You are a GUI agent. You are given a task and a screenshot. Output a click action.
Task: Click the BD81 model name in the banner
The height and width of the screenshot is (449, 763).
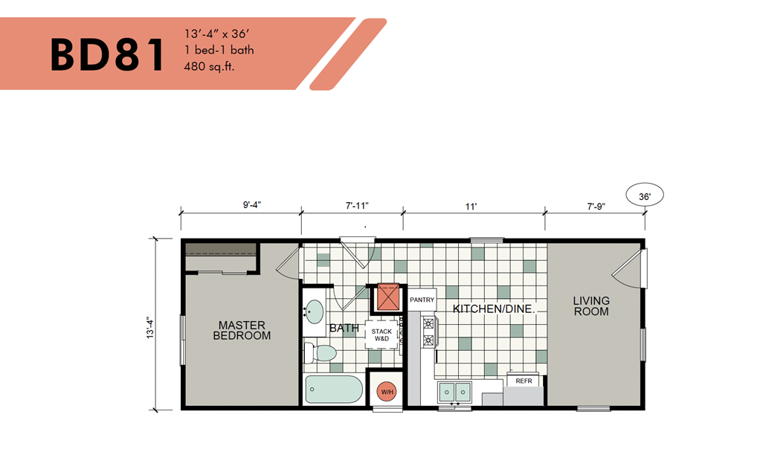[107, 55]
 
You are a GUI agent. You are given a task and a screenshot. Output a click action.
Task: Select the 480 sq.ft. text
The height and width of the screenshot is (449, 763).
[209, 67]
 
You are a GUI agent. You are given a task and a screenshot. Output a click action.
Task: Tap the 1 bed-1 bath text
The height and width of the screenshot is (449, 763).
[219, 50]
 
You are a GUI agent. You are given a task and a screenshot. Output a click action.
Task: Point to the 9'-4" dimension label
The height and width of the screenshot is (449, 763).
[252, 204]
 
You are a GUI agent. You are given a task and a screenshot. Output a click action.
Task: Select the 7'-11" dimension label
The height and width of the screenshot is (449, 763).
[357, 206]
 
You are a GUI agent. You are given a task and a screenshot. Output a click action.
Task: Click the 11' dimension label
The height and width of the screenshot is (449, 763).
[471, 207]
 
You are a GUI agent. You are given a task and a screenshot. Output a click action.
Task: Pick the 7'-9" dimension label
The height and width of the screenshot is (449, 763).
[596, 207]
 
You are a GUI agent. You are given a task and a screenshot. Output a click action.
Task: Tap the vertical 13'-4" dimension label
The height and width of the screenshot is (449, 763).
[150, 329]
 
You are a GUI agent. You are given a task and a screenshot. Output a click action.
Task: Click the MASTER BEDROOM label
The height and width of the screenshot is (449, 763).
[242, 330]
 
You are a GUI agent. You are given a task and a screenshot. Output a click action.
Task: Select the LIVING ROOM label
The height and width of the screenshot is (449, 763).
[591, 306]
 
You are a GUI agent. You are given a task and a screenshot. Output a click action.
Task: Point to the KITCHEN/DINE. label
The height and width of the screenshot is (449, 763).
[494, 309]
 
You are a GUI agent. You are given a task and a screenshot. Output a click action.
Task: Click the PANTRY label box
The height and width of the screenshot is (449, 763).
[422, 300]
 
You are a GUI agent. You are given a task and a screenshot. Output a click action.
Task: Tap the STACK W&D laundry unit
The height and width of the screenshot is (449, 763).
[382, 335]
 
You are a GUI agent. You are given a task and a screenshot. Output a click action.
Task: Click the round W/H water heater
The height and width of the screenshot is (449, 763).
[387, 392]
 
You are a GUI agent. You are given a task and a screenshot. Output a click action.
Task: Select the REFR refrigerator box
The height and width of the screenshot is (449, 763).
[524, 381]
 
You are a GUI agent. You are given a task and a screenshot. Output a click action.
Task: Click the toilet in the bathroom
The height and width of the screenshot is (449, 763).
[321, 352]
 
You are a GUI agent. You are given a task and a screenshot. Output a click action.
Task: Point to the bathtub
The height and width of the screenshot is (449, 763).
[334, 389]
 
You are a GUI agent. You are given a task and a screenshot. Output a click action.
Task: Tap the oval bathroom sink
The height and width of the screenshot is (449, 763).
[315, 311]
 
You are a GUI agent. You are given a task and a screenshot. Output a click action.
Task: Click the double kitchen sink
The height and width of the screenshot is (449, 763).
[454, 392]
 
